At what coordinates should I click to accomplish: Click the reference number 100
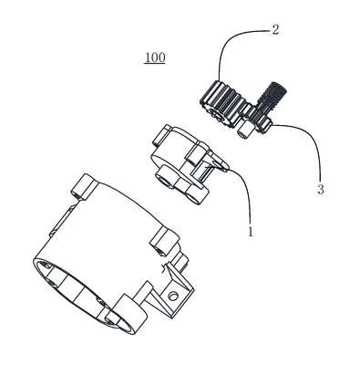(155, 57)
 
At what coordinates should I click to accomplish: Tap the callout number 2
(274, 30)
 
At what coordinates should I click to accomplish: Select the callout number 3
(320, 190)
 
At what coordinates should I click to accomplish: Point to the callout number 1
(251, 232)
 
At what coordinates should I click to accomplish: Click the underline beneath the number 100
(155, 64)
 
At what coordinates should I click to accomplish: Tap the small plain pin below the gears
(245, 130)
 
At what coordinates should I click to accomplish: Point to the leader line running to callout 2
(231, 43)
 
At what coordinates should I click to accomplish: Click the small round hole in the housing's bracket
(173, 295)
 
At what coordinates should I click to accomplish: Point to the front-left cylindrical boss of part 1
(166, 179)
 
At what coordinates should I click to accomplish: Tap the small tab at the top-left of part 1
(162, 134)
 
